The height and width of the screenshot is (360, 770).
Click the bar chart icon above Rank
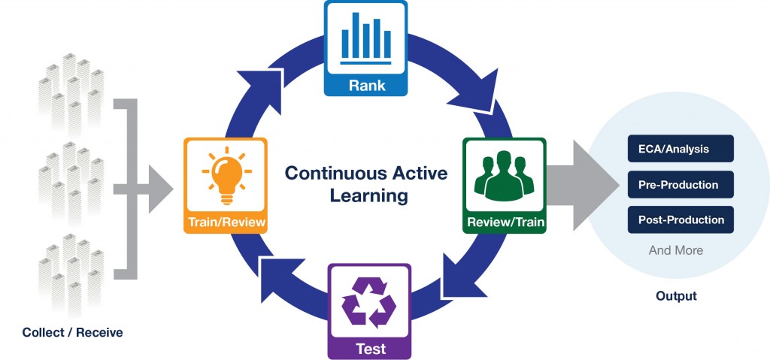(365, 40)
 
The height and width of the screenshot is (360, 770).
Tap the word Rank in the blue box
(366, 86)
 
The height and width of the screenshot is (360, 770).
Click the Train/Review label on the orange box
(225, 223)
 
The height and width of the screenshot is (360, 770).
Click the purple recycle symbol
(369, 302)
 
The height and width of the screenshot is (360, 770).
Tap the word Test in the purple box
(369, 348)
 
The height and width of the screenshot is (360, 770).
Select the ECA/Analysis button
(679, 149)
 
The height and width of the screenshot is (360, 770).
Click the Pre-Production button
(679, 185)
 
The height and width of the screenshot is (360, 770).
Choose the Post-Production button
(679, 220)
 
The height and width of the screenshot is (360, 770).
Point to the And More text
(676, 250)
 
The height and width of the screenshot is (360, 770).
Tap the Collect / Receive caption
(73, 332)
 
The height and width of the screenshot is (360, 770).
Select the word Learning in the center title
(366, 196)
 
